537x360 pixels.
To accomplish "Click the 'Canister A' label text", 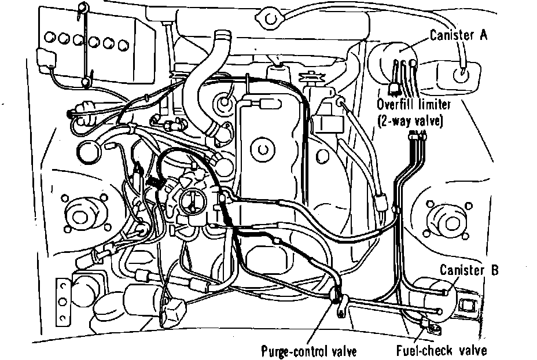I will [x=459, y=35].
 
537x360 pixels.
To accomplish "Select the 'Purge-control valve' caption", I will [x=309, y=351].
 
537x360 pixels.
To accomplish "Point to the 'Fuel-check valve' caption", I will [x=442, y=350].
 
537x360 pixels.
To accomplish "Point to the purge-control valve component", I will [x=336, y=299].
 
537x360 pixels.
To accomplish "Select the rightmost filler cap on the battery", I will [x=122, y=44].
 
